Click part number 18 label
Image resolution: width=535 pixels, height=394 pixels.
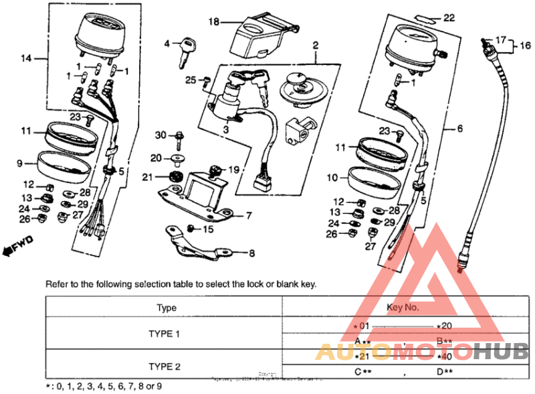(213, 22)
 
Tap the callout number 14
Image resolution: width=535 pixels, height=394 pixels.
(26, 59)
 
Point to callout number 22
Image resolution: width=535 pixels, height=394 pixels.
(449, 17)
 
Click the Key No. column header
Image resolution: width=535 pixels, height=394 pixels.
(403, 308)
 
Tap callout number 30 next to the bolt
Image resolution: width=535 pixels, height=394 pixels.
(160, 135)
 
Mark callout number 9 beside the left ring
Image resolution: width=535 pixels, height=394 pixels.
(20, 163)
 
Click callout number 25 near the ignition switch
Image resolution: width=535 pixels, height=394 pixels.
(191, 80)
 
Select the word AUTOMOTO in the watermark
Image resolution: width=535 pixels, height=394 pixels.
(394, 351)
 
